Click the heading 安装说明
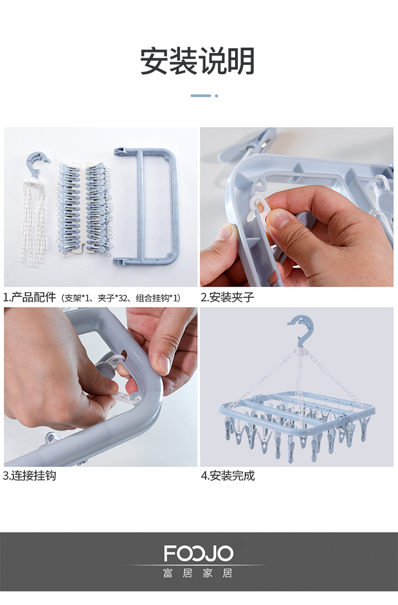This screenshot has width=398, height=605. [x=197, y=61]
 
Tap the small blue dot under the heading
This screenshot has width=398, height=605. [x=216, y=95]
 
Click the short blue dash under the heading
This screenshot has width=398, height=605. [x=201, y=95]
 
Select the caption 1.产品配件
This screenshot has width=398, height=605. [x=29, y=297]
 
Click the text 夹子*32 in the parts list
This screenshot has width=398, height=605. [x=115, y=298]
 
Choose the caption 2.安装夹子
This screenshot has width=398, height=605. [x=227, y=297]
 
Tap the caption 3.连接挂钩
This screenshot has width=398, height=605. [x=29, y=475]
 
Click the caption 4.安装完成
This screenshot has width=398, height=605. [x=228, y=475]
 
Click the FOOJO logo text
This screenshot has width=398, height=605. [x=198, y=553]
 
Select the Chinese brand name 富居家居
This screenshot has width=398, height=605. [x=197, y=573]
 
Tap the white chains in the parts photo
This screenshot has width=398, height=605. [x=33, y=224]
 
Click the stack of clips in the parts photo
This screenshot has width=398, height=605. [x=85, y=208]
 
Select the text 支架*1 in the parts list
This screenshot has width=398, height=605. [x=77, y=298]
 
